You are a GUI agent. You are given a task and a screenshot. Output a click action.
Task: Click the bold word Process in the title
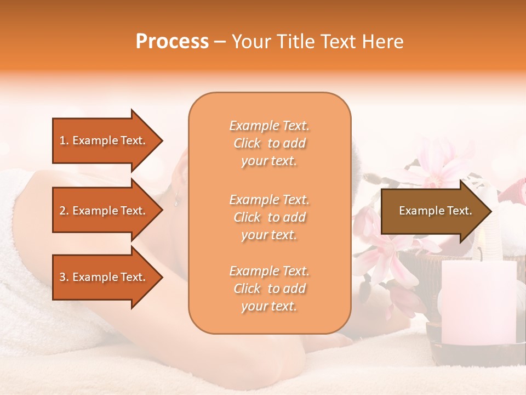[x=172, y=42]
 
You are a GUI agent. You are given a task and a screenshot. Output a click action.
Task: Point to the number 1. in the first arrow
[x=64, y=141]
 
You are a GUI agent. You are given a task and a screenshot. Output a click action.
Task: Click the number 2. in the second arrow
[x=64, y=211]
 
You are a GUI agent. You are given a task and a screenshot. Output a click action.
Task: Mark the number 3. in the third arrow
[x=64, y=278]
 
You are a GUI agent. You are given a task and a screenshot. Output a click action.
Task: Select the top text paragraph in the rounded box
[x=269, y=143]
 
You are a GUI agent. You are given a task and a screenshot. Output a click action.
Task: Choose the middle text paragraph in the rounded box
[x=269, y=217]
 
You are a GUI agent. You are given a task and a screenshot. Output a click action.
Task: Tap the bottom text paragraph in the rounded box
[x=269, y=289]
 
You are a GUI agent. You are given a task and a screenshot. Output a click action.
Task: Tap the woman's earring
[x=176, y=201]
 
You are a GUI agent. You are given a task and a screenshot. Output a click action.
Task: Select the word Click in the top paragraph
[x=247, y=144]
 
